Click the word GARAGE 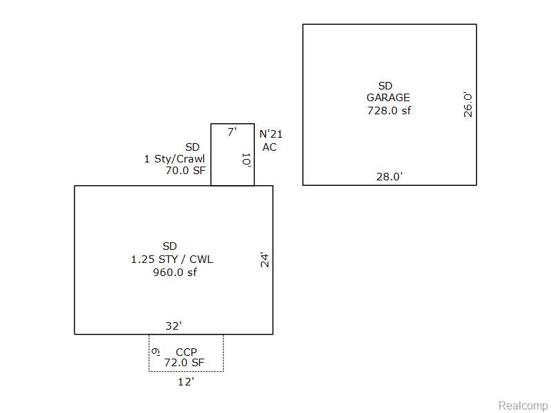[388, 98]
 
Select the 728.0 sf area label [389, 110]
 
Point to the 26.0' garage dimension [468, 105]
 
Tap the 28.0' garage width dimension [389, 176]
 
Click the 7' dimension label [232, 132]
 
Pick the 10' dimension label [246, 160]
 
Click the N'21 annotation [271, 134]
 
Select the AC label [269, 147]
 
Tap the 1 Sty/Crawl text [174, 159]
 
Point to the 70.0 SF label [185, 171]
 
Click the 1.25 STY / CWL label [171, 260]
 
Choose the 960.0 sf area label [175, 272]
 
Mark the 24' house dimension [264, 260]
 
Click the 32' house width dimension [174, 326]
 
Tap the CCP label [186, 352]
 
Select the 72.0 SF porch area [184, 363]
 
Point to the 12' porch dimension [186, 382]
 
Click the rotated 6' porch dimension [156, 352]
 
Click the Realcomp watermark [523, 405]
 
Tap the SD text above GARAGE [385, 85]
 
